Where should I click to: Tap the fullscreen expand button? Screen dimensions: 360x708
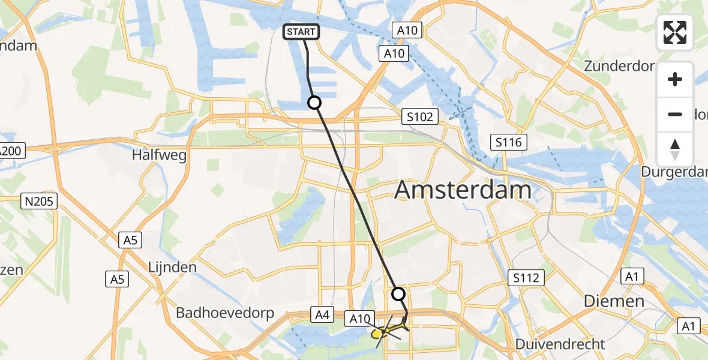[x=675, y=32]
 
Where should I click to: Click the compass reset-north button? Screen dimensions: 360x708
[x=675, y=149]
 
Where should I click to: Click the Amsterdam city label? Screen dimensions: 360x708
[x=463, y=190]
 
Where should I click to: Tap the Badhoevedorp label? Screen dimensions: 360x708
[x=224, y=313]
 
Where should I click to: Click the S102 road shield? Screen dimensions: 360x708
[x=419, y=116]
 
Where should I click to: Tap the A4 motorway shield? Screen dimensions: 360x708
[x=322, y=313]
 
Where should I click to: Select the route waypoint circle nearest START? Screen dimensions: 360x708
[x=314, y=103]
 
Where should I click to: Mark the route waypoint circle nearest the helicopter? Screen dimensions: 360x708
[x=398, y=294]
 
